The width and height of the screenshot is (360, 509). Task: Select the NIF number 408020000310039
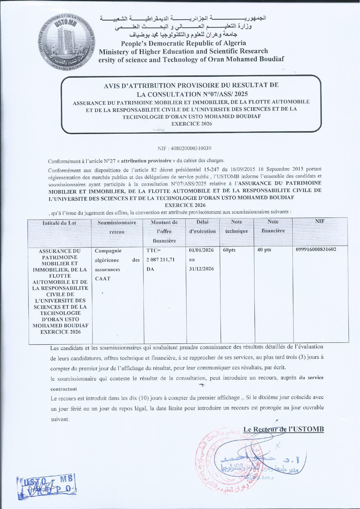(x=184, y=148)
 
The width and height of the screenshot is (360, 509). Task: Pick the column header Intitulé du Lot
(x=59, y=223)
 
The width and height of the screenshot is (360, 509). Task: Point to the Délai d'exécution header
(x=202, y=227)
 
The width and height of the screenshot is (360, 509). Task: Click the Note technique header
(x=237, y=226)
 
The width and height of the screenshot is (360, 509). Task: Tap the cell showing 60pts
(x=229, y=250)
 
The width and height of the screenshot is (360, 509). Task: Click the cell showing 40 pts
(x=264, y=250)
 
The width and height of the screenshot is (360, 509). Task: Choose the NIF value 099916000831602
(x=316, y=249)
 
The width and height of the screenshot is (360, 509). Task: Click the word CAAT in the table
(x=103, y=279)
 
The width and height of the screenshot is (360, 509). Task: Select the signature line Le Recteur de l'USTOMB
(x=283, y=429)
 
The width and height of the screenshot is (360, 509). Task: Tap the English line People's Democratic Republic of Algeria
(x=183, y=43)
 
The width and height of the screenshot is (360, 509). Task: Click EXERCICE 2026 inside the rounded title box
(x=192, y=124)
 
